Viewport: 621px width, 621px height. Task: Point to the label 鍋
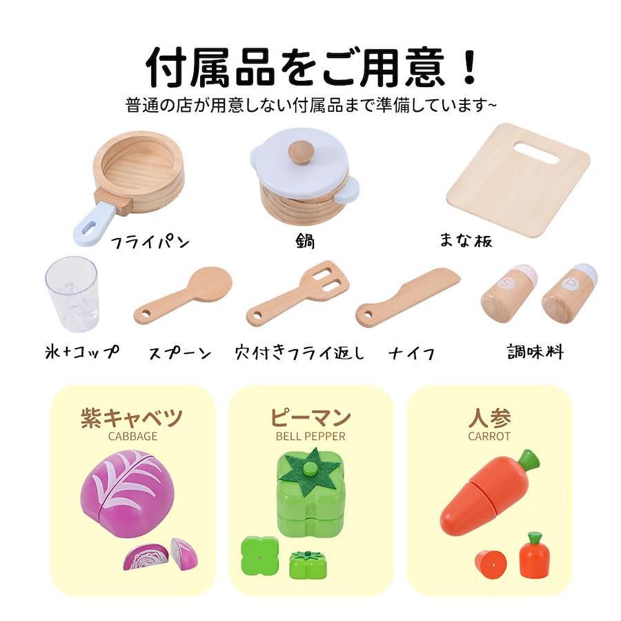point(306,241)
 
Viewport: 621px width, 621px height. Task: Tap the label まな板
point(466,240)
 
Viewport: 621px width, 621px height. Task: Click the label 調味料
point(535,351)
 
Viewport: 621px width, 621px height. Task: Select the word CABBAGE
point(132,437)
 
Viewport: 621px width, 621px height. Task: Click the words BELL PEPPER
point(310,437)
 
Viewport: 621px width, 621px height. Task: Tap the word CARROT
point(489,437)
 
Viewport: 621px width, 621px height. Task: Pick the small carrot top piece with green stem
point(535,555)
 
